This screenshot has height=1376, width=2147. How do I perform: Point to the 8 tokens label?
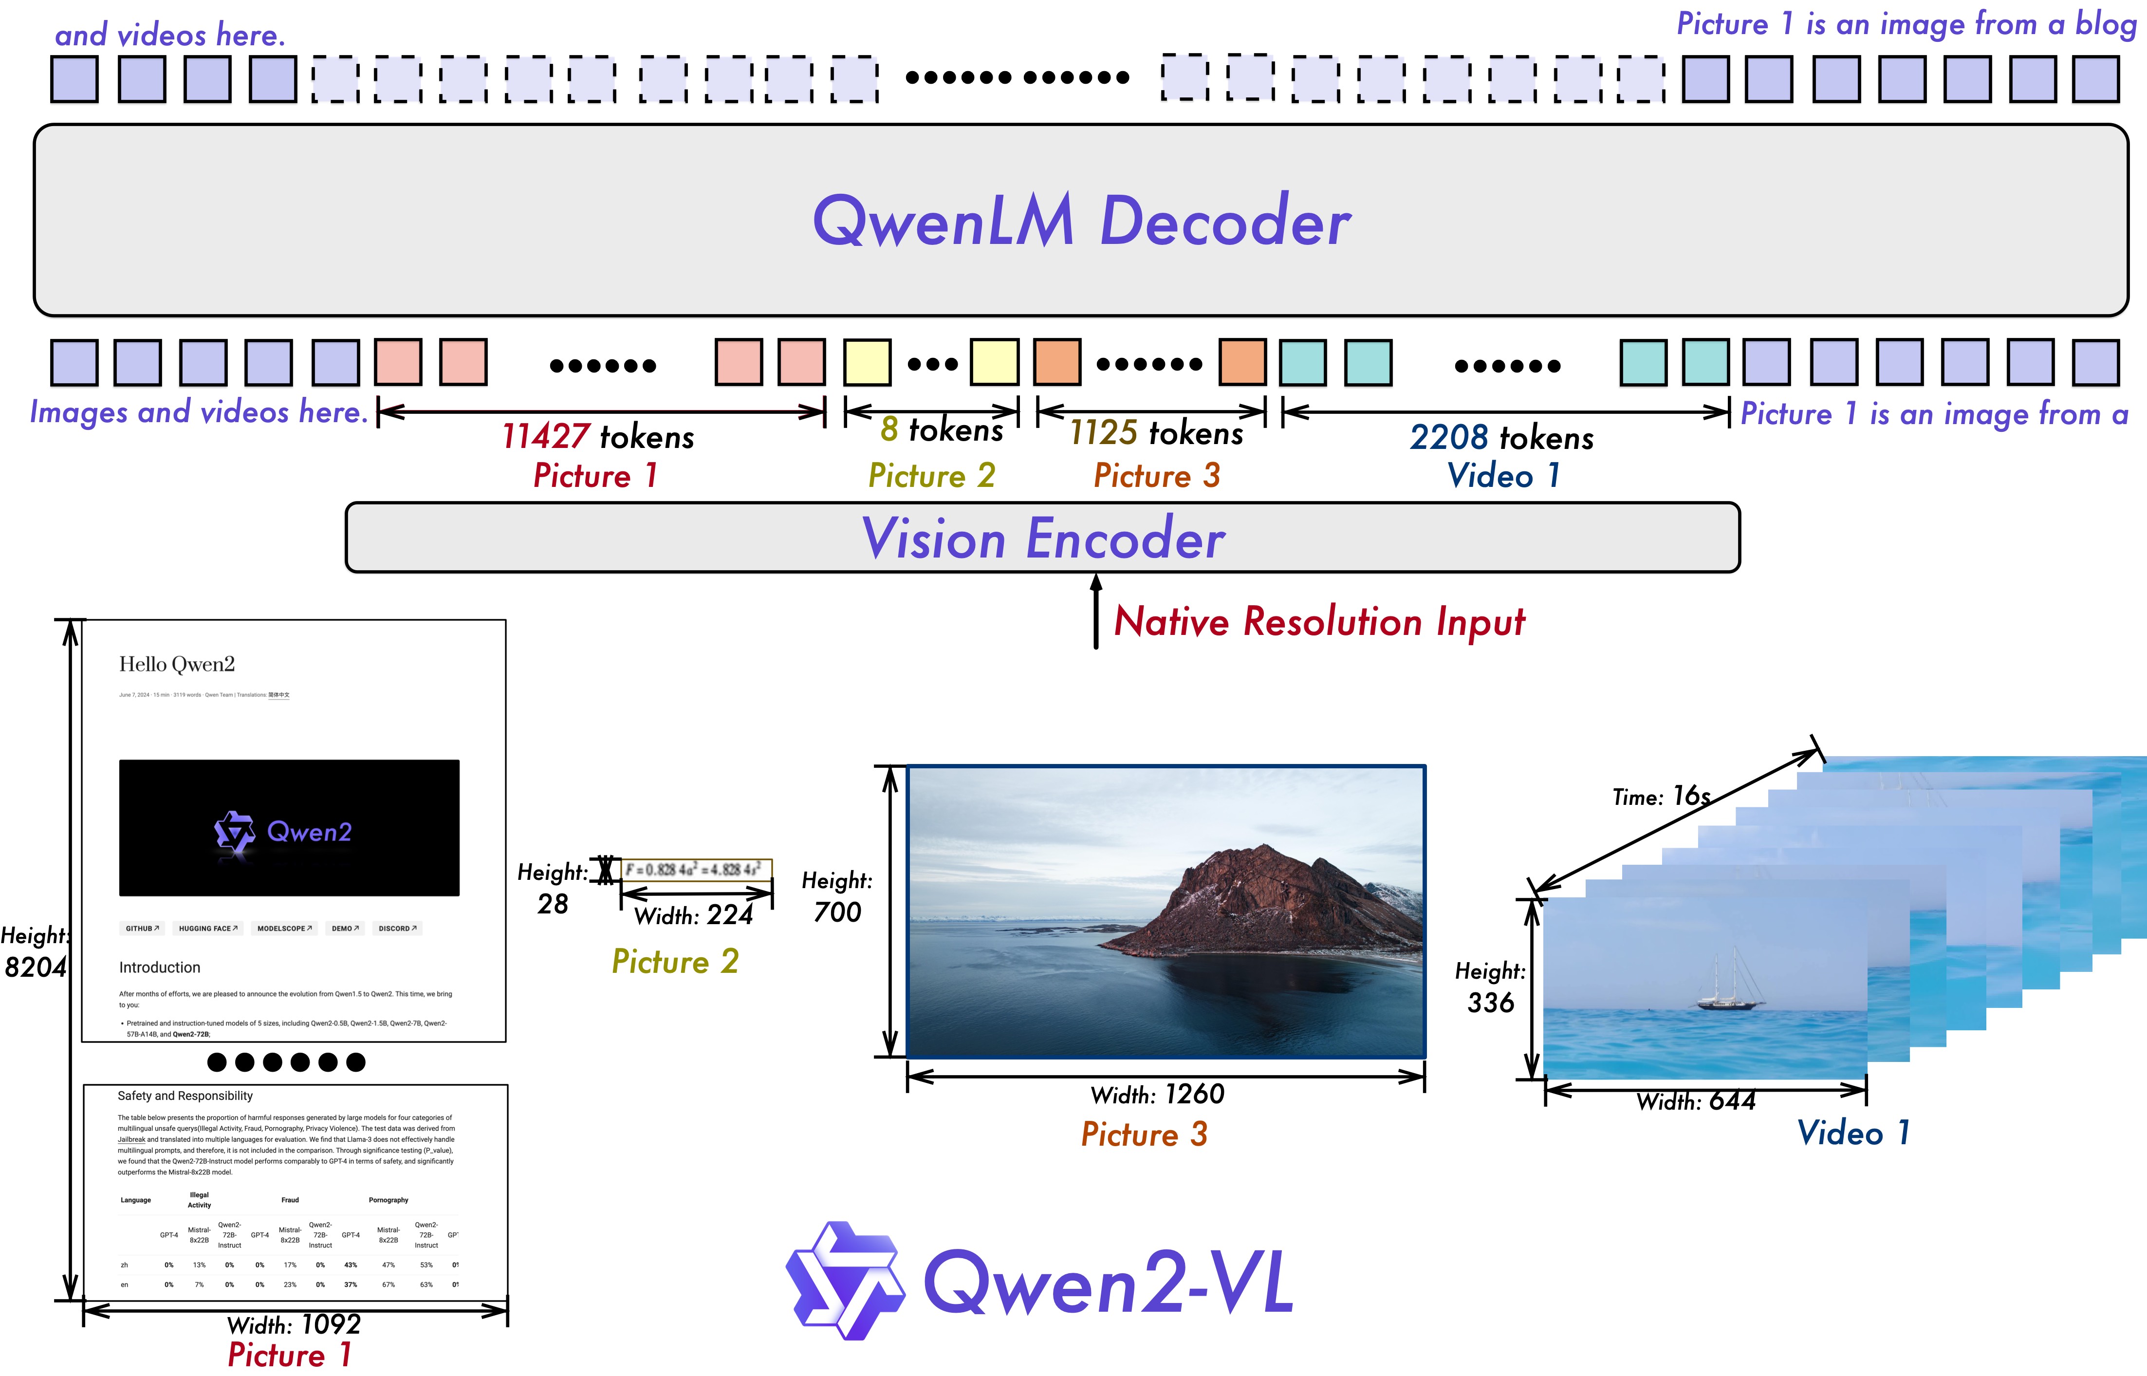tap(941, 430)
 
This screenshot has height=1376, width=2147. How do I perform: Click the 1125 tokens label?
tap(1156, 433)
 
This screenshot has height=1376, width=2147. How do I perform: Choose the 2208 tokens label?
tap(1501, 438)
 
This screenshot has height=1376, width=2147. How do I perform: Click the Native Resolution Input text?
tap(1319, 622)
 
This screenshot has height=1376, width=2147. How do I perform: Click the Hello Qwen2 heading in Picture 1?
tap(177, 664)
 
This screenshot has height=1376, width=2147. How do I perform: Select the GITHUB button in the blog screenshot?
tap(142, 929)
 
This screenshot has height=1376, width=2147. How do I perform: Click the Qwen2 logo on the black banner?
tap(284, 832)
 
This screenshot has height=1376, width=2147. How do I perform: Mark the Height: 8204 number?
tap(36, 967)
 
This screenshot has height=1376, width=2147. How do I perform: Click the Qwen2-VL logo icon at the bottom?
tap(844, 1281)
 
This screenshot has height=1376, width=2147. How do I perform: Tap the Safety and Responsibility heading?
tap(185, 1096)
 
